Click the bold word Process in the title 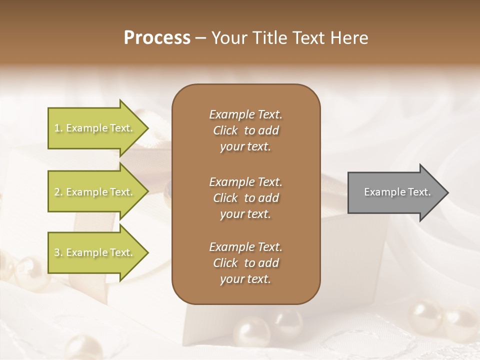click(157, 38)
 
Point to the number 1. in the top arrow click(58, 128)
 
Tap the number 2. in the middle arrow click(58, 192)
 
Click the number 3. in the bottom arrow click(58, 252)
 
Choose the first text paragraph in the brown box click(245, 130)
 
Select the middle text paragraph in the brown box click(245, 198)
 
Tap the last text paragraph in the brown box click(245, 263)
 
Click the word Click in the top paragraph click(225, 130)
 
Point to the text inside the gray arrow click(397, 192)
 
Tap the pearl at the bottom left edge click(82, 347)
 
